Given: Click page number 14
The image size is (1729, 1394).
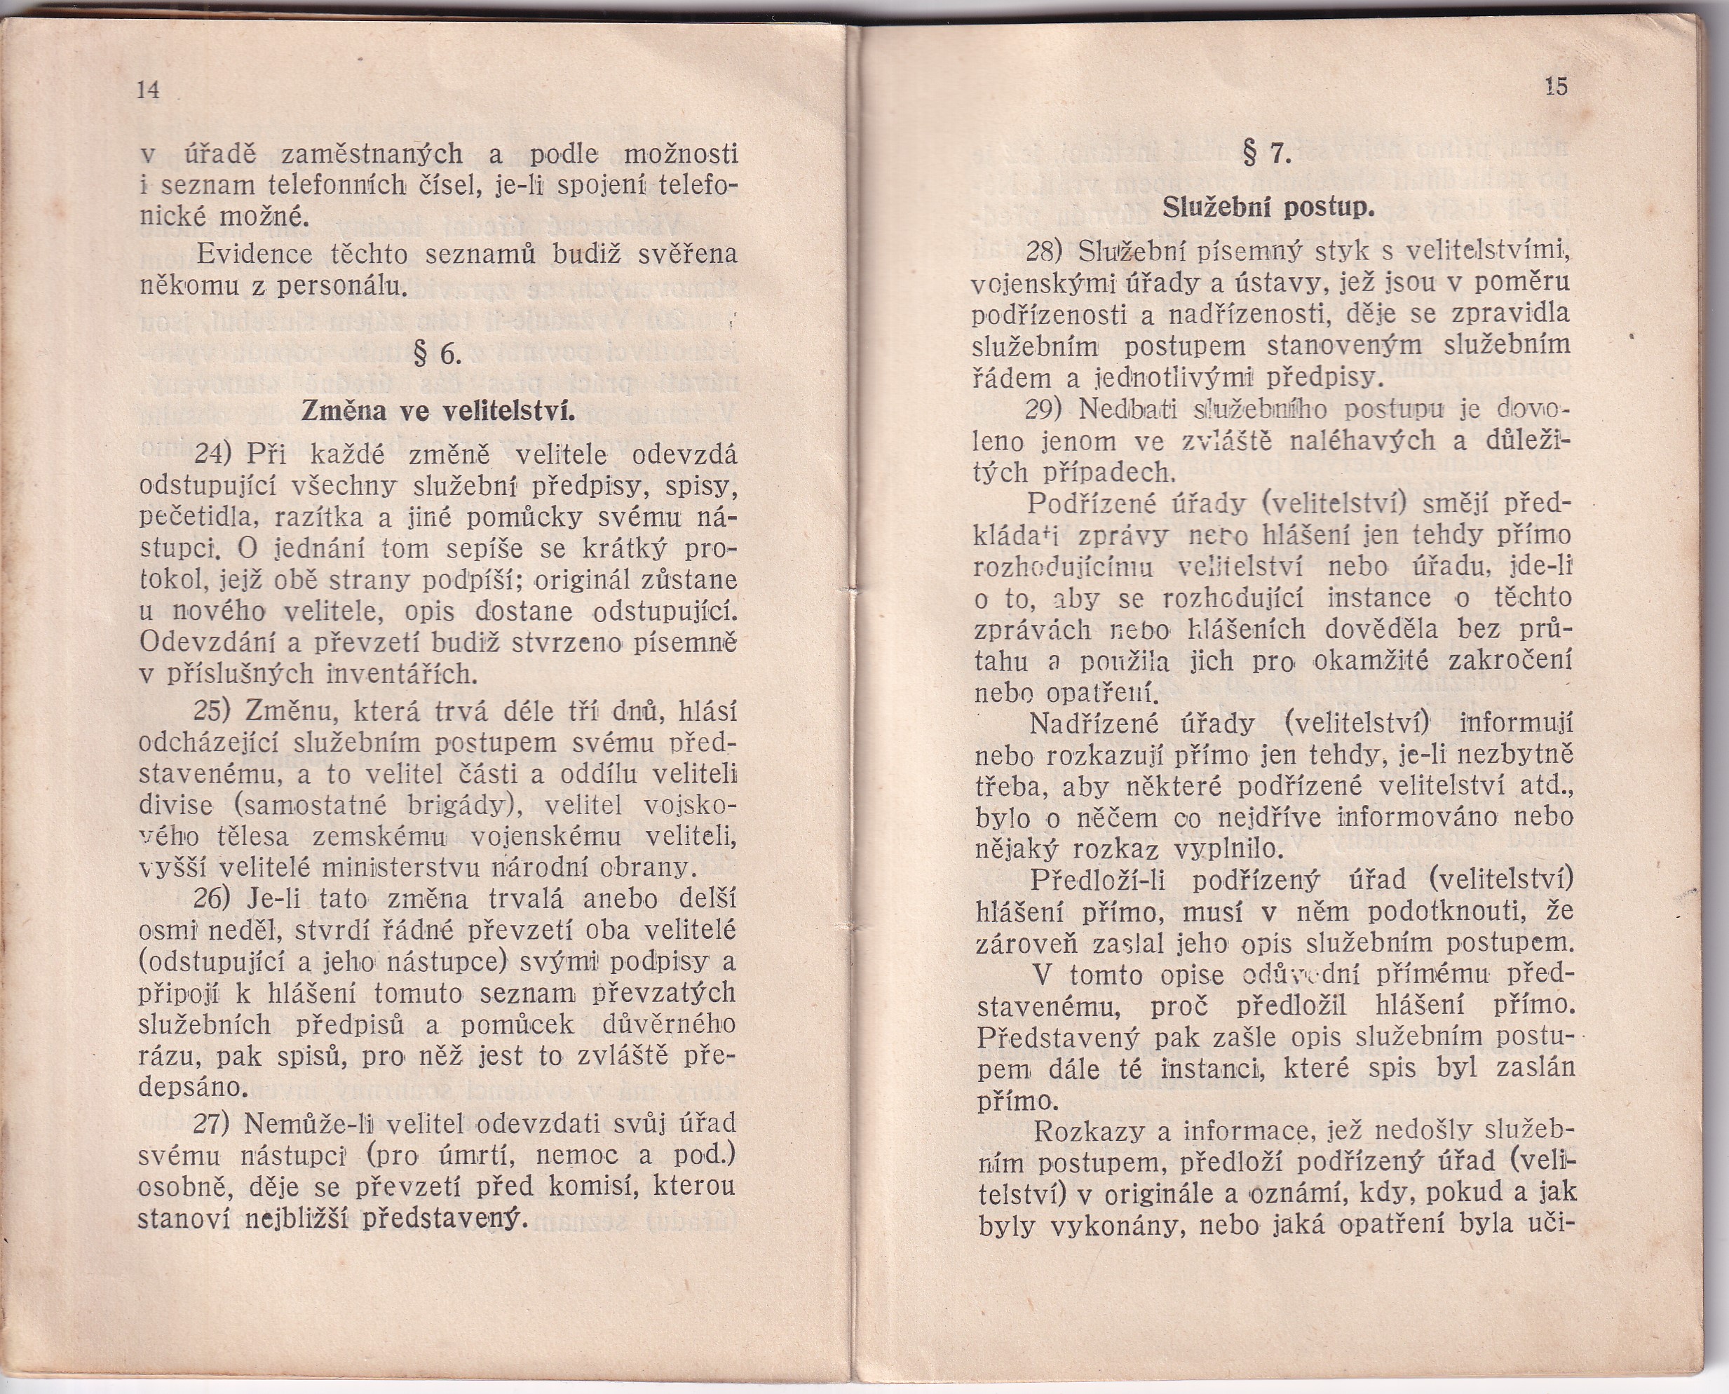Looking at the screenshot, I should click(x=149, y=90).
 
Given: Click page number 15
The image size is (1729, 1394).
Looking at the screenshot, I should click(x=1556, y=86).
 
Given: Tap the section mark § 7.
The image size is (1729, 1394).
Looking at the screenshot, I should click(x=1267, y=153).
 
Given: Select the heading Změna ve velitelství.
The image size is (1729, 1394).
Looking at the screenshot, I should click(x=438, y=411).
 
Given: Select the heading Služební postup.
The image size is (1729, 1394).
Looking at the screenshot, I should click(x=1269, y=208).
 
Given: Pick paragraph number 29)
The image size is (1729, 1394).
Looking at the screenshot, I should click(x=1045, y=410).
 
